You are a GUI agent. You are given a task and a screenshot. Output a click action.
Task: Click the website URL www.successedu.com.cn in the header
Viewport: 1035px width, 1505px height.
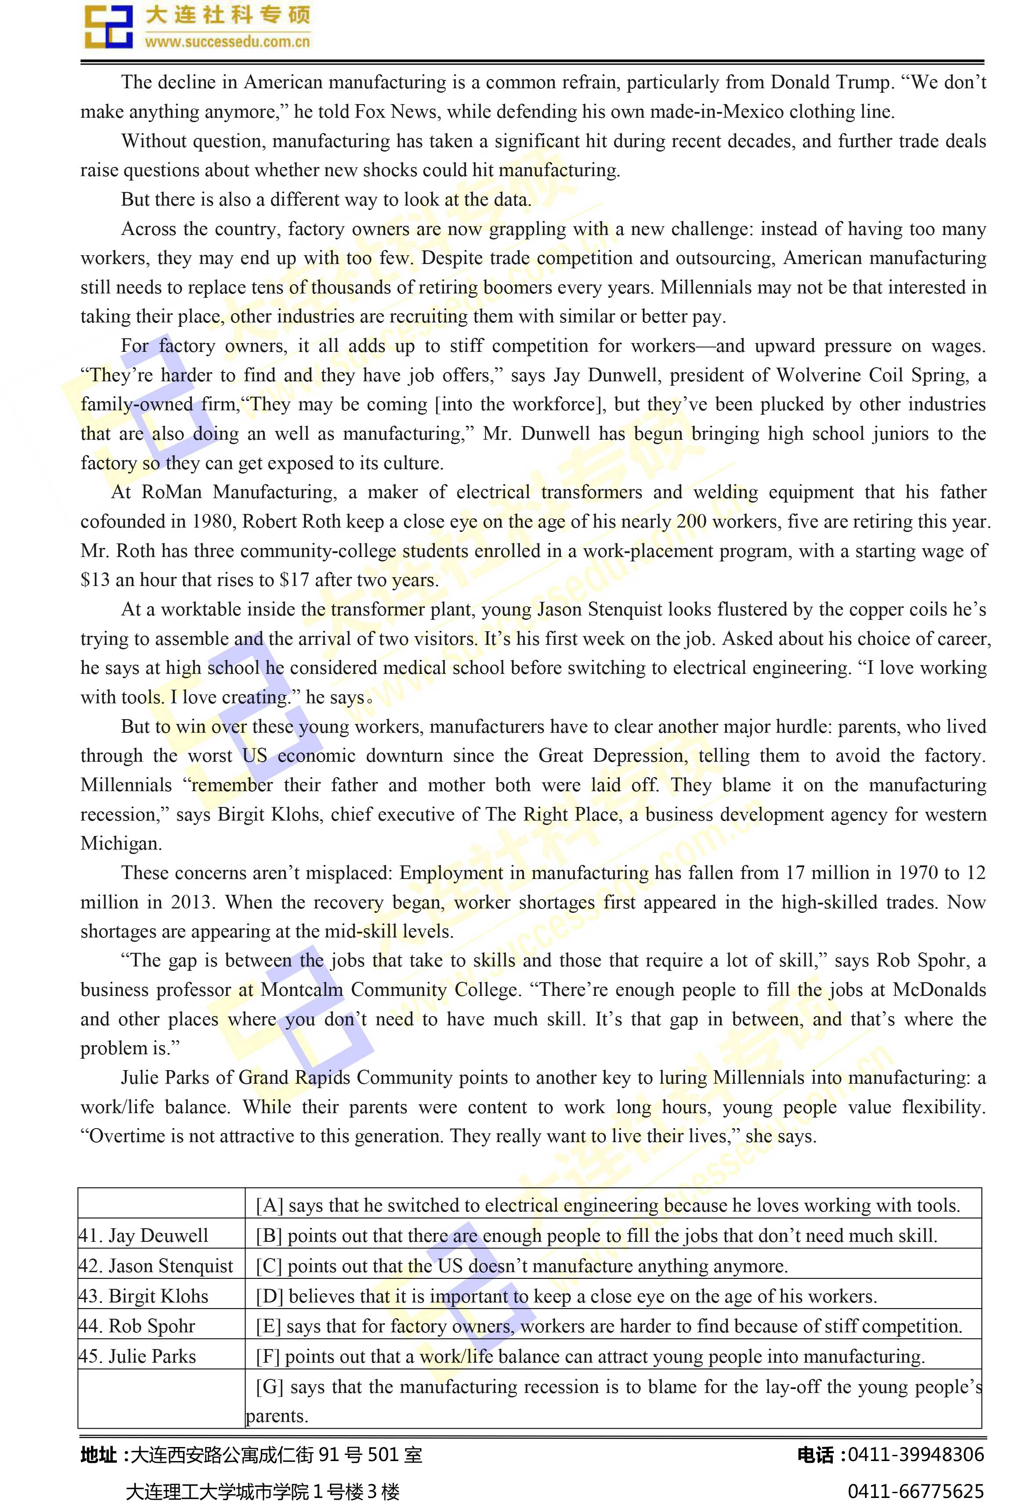(227, 41)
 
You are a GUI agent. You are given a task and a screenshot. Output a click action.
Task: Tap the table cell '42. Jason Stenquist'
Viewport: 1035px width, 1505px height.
(156, 1266)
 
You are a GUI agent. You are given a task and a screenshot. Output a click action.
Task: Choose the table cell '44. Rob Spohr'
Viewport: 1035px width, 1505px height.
(137, 1326)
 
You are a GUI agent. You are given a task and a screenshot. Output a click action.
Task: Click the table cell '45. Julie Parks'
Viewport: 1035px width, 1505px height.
(138, 1357)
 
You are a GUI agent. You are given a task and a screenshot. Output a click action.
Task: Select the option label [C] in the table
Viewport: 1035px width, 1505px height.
(268, 1266)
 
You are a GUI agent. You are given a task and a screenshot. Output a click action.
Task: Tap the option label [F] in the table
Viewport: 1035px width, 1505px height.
(268, 1357)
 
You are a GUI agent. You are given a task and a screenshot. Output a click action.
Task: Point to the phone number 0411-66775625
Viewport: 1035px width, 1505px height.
(916, 1491)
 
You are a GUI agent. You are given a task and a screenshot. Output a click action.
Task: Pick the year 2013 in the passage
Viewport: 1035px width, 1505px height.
(191, 902)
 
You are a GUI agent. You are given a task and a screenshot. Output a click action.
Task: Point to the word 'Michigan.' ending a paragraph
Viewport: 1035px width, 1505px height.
(121, 843)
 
